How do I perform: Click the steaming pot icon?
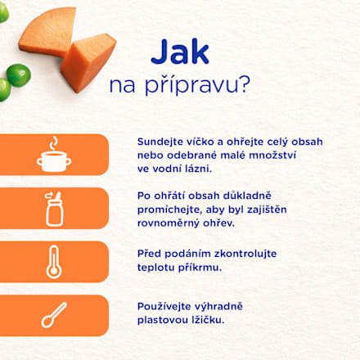(x=54, y=155)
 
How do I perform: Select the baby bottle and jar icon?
(x=54, y=209)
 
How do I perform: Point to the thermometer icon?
(x=54, y=262)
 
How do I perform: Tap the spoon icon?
(x=54, y=315)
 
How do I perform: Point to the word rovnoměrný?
(x=171, y=223)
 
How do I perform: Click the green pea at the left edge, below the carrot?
(x=4, y=87)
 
